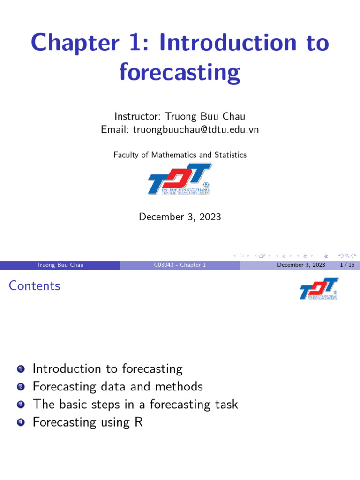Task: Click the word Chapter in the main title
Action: pos(75,43)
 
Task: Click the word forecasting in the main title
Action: pos(180,72)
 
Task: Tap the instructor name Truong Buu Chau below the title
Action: pos(205,116)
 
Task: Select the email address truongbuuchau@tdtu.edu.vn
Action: pos(196,130)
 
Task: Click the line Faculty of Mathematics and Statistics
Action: pos(180,155)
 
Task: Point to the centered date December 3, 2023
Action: pos(180,217)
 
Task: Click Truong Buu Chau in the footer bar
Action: pos(60,265)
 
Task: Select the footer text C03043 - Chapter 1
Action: pos(180,265)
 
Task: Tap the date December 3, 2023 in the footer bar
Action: pos(301,265)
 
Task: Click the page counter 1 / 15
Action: pos(347,265)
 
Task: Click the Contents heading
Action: pos(35,285)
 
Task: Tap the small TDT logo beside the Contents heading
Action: pos(319,288)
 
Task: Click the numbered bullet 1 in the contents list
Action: pos(21,369)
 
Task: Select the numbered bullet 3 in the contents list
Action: pos(21,405)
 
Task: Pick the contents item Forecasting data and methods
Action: pos(118,387)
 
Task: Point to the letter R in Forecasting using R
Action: pos(139,422)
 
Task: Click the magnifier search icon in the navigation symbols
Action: pos(347,255)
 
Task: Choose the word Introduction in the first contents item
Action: pos(67,368)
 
